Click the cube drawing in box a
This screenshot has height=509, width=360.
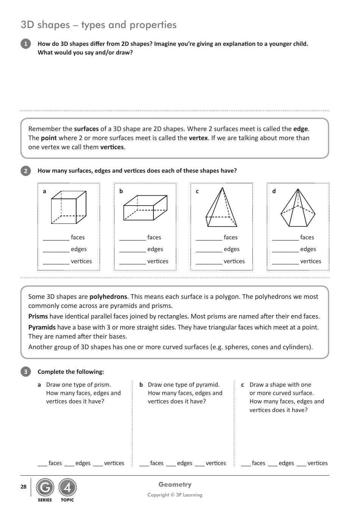pos(69,207)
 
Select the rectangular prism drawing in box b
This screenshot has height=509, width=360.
pos(145,208)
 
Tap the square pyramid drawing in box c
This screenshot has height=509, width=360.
pos(221,208)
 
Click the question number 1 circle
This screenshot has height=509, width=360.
pos(25,44)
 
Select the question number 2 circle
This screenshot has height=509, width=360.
pos(25,171)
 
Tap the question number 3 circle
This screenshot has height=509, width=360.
pos(25,372)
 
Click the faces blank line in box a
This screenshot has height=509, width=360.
pos(56,240)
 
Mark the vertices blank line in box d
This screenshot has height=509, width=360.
pos(285,264)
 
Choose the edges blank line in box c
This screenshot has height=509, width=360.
pos(209,252)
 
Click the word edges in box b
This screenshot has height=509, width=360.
pos(155,249)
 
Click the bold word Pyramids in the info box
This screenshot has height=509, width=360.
pos(42,327)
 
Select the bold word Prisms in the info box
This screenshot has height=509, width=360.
pos(38,316)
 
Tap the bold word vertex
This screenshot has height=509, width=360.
pos(198,138)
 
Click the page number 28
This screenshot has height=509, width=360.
pos(23,487)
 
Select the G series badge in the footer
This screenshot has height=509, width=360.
pos(45,488)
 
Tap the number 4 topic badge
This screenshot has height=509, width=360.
pos(67,488)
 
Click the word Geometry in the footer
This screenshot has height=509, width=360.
pos(175,484)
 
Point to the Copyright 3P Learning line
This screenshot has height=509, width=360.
pos(175,495)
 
